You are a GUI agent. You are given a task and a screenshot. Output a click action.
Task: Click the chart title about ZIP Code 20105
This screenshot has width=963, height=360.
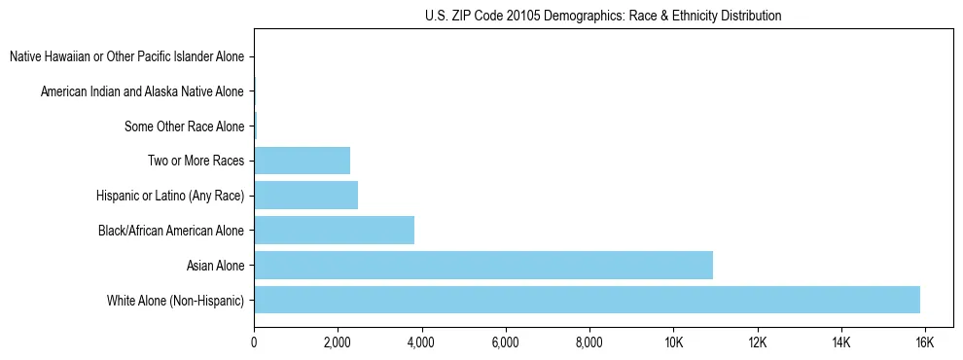(x=603, y=16)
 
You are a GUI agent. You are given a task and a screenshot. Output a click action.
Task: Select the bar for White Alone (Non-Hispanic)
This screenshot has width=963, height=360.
(x=587, y=300)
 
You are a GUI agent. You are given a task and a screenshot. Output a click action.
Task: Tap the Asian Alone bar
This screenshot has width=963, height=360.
(x=483, y=265)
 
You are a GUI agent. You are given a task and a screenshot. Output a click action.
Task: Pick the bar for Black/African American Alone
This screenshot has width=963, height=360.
(x=334, y=231)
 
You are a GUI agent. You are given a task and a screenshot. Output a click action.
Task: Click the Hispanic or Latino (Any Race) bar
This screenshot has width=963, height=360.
(x=305, y=196)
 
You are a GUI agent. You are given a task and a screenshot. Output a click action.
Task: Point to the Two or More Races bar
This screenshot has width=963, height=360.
(x=302, y=161)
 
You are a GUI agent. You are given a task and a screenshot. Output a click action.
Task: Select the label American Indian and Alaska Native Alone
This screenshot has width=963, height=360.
(x=142, y=92)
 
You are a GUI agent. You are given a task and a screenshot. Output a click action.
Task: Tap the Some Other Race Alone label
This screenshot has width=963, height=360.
(x=185, y=126)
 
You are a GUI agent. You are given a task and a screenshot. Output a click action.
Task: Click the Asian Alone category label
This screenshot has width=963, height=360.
(x=215, y=265)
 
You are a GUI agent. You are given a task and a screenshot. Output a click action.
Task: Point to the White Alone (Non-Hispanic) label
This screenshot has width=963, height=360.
(x=176, y=300)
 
